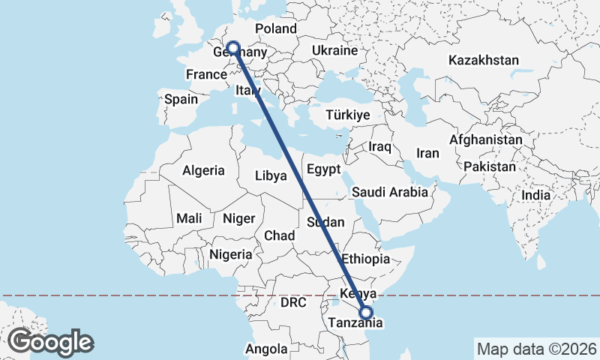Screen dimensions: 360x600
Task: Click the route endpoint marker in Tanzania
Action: (x=366, y=313)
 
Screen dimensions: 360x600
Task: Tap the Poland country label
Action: (x=276, y=28)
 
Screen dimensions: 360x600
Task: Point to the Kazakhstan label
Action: (x=484, y=60)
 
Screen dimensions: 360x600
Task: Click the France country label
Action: (x=206, y=74)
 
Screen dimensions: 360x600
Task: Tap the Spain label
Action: (x=181, y=99)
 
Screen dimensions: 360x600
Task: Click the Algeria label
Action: (x=203, y=170)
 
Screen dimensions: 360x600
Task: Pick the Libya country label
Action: (x=271, y=175)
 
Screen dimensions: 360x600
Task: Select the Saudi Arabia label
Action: (x=390, y=192)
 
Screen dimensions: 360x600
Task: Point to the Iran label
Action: (x=427, y=153)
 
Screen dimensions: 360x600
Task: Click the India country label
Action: (x=535, y=195)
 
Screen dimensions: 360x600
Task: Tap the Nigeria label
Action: (x=231, y=254)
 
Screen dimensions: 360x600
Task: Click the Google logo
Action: (x=51, y=342)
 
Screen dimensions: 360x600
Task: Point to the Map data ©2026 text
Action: (x=536, y=349)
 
